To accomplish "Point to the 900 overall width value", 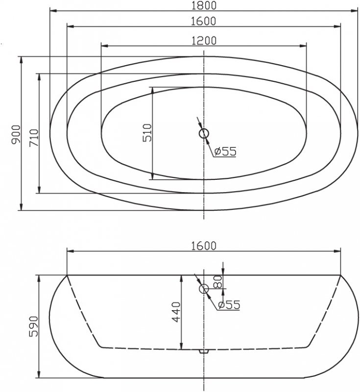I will [x=15, y=134].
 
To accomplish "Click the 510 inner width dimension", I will [x=147, y=133].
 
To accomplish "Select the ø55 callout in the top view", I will [x=225, y=151].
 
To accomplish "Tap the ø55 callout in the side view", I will [x=229, y=305].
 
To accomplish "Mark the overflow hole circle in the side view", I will [x=204, y=289].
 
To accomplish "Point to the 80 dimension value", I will [x=218, y=282].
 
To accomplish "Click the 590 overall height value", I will [x=33, y=326].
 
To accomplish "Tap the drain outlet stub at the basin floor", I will [x=204, y=351].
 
